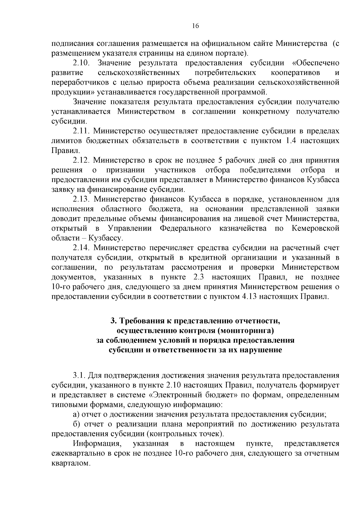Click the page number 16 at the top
(195, 26)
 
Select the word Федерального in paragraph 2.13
(185, 229)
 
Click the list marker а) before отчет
(76, 415)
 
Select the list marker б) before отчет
(76, 424)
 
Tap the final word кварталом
(70, 463)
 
